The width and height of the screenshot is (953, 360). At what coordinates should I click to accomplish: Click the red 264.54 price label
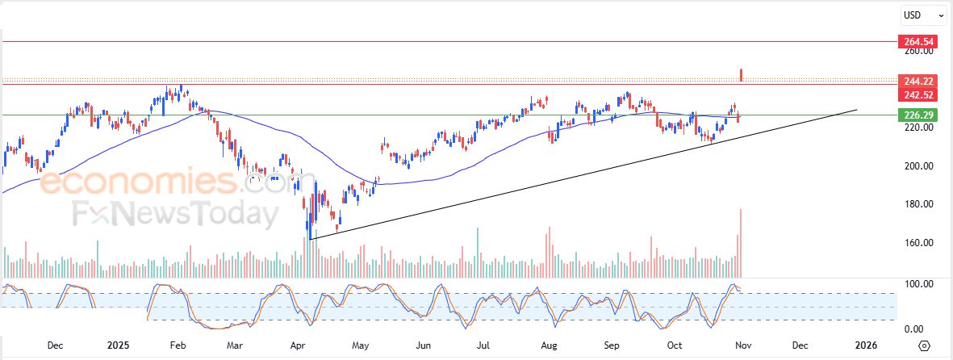[919, 41]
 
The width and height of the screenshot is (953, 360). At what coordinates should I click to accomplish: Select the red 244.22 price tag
[919, 81]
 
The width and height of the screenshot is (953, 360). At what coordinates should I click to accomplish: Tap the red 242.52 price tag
[919, 94]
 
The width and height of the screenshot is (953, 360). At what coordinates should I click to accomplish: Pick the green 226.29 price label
[919, 115]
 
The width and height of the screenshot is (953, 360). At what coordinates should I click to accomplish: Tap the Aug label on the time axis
[549, 345]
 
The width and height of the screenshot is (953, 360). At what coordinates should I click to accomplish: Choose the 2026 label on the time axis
[866, 345]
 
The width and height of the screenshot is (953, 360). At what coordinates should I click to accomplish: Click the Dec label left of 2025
[55, 345]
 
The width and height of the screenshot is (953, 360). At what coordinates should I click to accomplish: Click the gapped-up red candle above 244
[742, 75]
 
